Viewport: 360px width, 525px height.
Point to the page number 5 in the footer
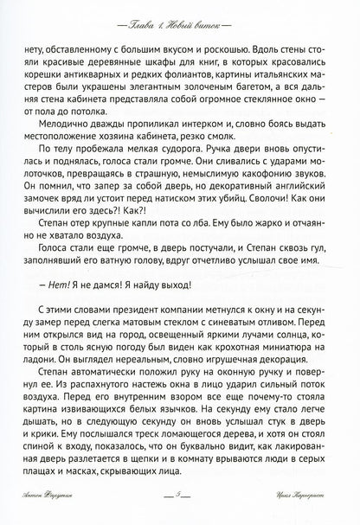pyautogui.click(x=179, y=514)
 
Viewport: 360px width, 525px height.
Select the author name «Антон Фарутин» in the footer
pyautogui.click(x=54, y=514)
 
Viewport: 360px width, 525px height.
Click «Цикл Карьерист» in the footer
pyautogui.click(x=305, y=514)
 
